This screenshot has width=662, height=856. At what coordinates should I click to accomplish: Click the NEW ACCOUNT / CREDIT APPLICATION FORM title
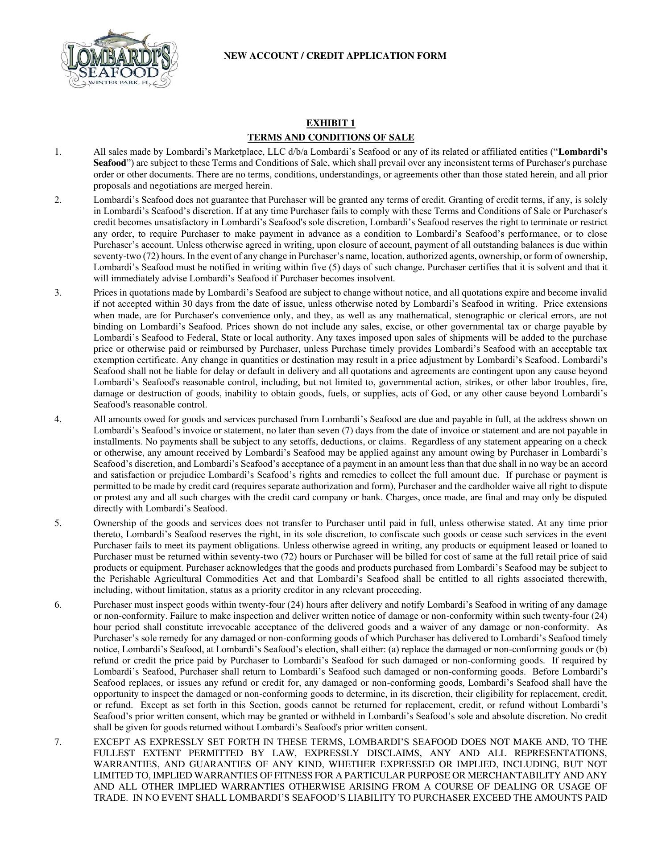point(335,56)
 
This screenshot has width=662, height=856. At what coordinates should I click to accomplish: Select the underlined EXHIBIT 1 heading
point(331,123)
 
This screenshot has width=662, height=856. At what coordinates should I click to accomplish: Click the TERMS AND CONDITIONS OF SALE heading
point(331,137)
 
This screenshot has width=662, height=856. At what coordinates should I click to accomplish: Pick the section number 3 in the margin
point(58,292)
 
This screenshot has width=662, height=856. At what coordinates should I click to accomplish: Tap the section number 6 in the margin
point(58,605)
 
